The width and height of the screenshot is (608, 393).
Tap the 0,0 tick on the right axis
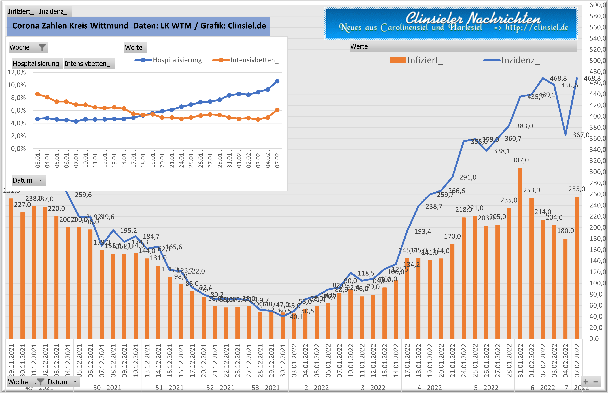tap(594, 339)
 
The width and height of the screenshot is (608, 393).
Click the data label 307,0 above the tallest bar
tap(520, 160)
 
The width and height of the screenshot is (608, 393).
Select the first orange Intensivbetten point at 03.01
tap(38, 94)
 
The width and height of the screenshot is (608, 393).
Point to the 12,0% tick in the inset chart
tap(17, 72)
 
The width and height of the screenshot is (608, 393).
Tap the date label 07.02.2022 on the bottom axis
tap(577, 360)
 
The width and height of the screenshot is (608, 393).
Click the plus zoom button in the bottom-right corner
tap(586, 382)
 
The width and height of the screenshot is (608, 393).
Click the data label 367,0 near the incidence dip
tap(581, 135)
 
